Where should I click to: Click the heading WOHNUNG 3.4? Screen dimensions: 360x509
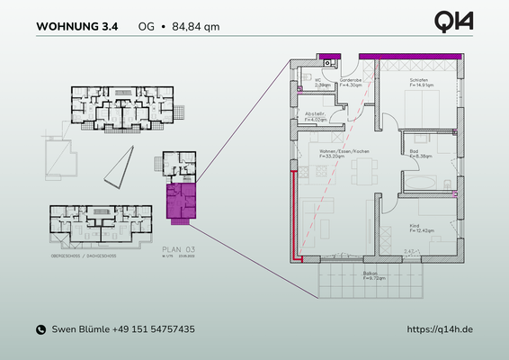(76, 26)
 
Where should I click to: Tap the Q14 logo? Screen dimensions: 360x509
(453, 22)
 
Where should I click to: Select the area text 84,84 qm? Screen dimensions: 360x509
(192, 26)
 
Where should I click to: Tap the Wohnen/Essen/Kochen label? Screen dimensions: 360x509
(339, 154)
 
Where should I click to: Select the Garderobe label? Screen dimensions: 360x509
(351, 82)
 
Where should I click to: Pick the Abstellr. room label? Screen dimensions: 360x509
(316, 116)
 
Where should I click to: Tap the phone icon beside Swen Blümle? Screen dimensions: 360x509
(40, 330)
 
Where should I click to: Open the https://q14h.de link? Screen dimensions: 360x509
(440, 330)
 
